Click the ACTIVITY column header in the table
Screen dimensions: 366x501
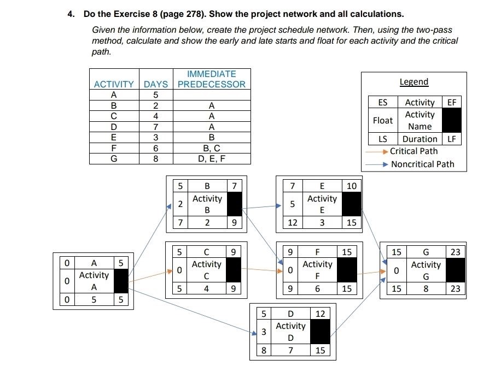(114, 84)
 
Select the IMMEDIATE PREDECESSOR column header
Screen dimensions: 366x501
(212, 79)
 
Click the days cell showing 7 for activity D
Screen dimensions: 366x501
(156, 127)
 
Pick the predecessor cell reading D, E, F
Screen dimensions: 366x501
(212, 159)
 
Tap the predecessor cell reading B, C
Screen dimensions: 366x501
(212, 148)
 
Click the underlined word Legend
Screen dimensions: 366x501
(414, 82)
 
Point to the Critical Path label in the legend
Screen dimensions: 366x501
(413, 151)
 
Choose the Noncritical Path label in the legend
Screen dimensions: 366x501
(422, 164)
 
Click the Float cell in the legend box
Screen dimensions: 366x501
(383, 120)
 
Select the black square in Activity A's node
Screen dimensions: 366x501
(121, 281)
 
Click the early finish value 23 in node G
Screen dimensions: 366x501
(456, 252)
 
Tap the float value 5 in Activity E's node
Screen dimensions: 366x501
(293, 204)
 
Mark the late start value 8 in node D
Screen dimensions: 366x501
(264, 350)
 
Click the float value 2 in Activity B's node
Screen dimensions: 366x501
(180, 204)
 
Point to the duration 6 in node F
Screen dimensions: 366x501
(317, 288)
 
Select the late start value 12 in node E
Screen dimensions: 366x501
(293, 222)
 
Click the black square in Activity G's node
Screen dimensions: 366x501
(455, 270)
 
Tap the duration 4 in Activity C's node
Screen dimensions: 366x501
(207, 288)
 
